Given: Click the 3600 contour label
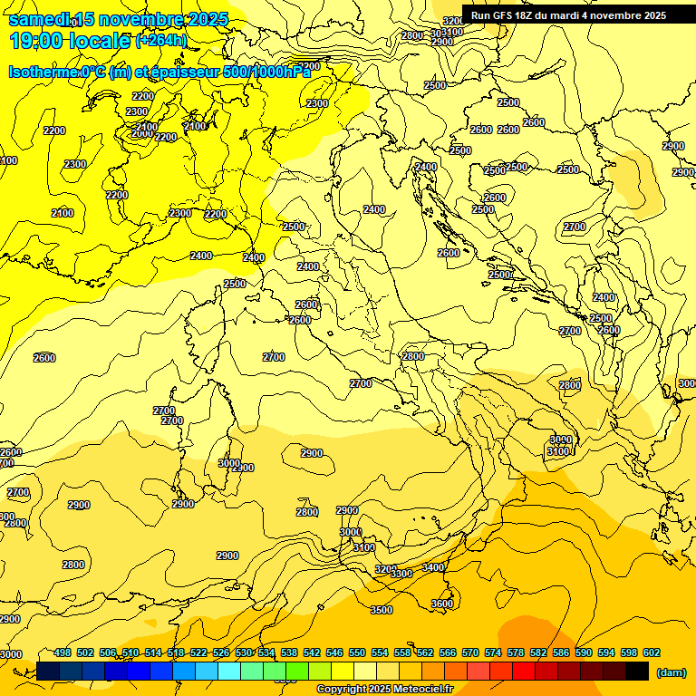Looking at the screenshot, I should tap(441, 604).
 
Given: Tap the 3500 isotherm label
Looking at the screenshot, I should tap(382, 610).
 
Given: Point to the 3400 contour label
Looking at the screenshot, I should tap(433, 567).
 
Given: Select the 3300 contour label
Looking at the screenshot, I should tap(401, 574).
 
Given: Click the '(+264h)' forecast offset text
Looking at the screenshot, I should tap(161, 40).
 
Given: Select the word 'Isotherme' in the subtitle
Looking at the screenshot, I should tap(43, 72).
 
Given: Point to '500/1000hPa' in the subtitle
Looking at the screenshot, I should tap(272, 72).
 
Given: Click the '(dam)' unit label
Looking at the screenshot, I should tap(670, 672).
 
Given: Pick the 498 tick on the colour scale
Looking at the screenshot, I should tap(63, 652).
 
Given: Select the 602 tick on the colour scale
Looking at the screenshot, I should tap(652, 652).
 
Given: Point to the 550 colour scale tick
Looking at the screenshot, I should tap(357, 652).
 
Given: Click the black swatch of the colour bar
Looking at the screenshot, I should tap(638, 671).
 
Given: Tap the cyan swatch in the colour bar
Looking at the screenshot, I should tap(229, 671).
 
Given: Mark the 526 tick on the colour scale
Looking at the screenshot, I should tap(221, 652).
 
